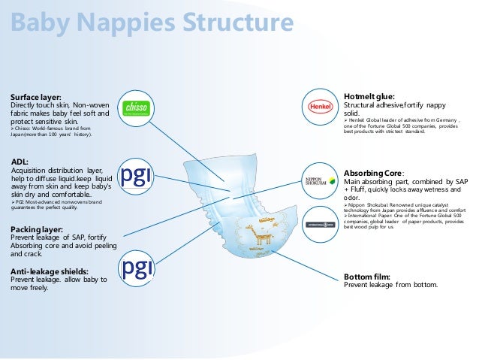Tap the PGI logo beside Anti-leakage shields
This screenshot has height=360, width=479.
(140, 267)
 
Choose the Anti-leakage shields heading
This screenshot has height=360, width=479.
(50, 271)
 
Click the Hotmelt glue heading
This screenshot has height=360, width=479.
(369, 97)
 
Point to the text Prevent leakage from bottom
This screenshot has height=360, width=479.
(390, 286)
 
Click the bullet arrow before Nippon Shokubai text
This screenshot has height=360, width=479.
(346, 204)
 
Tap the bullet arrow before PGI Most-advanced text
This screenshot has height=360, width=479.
(13, 203)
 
